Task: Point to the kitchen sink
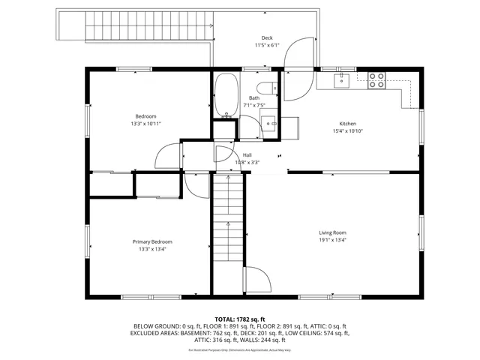click(343, 79)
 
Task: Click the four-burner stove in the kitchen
click(376, 79)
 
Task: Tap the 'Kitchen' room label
click(347, 124)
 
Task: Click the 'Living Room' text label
click(332, 232)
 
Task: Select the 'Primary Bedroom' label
click(152, 241)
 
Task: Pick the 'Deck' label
click(266, 38)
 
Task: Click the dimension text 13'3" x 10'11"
click(145, 124)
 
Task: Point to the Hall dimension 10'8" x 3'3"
click(247, 162)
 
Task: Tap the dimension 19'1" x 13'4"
click(332, 241)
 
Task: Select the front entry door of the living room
click(254, 280)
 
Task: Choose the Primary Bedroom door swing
click(193, 184)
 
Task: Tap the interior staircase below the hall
click(227, 217)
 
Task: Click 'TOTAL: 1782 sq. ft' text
click(240, 319)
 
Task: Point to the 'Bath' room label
click(254, 98)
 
